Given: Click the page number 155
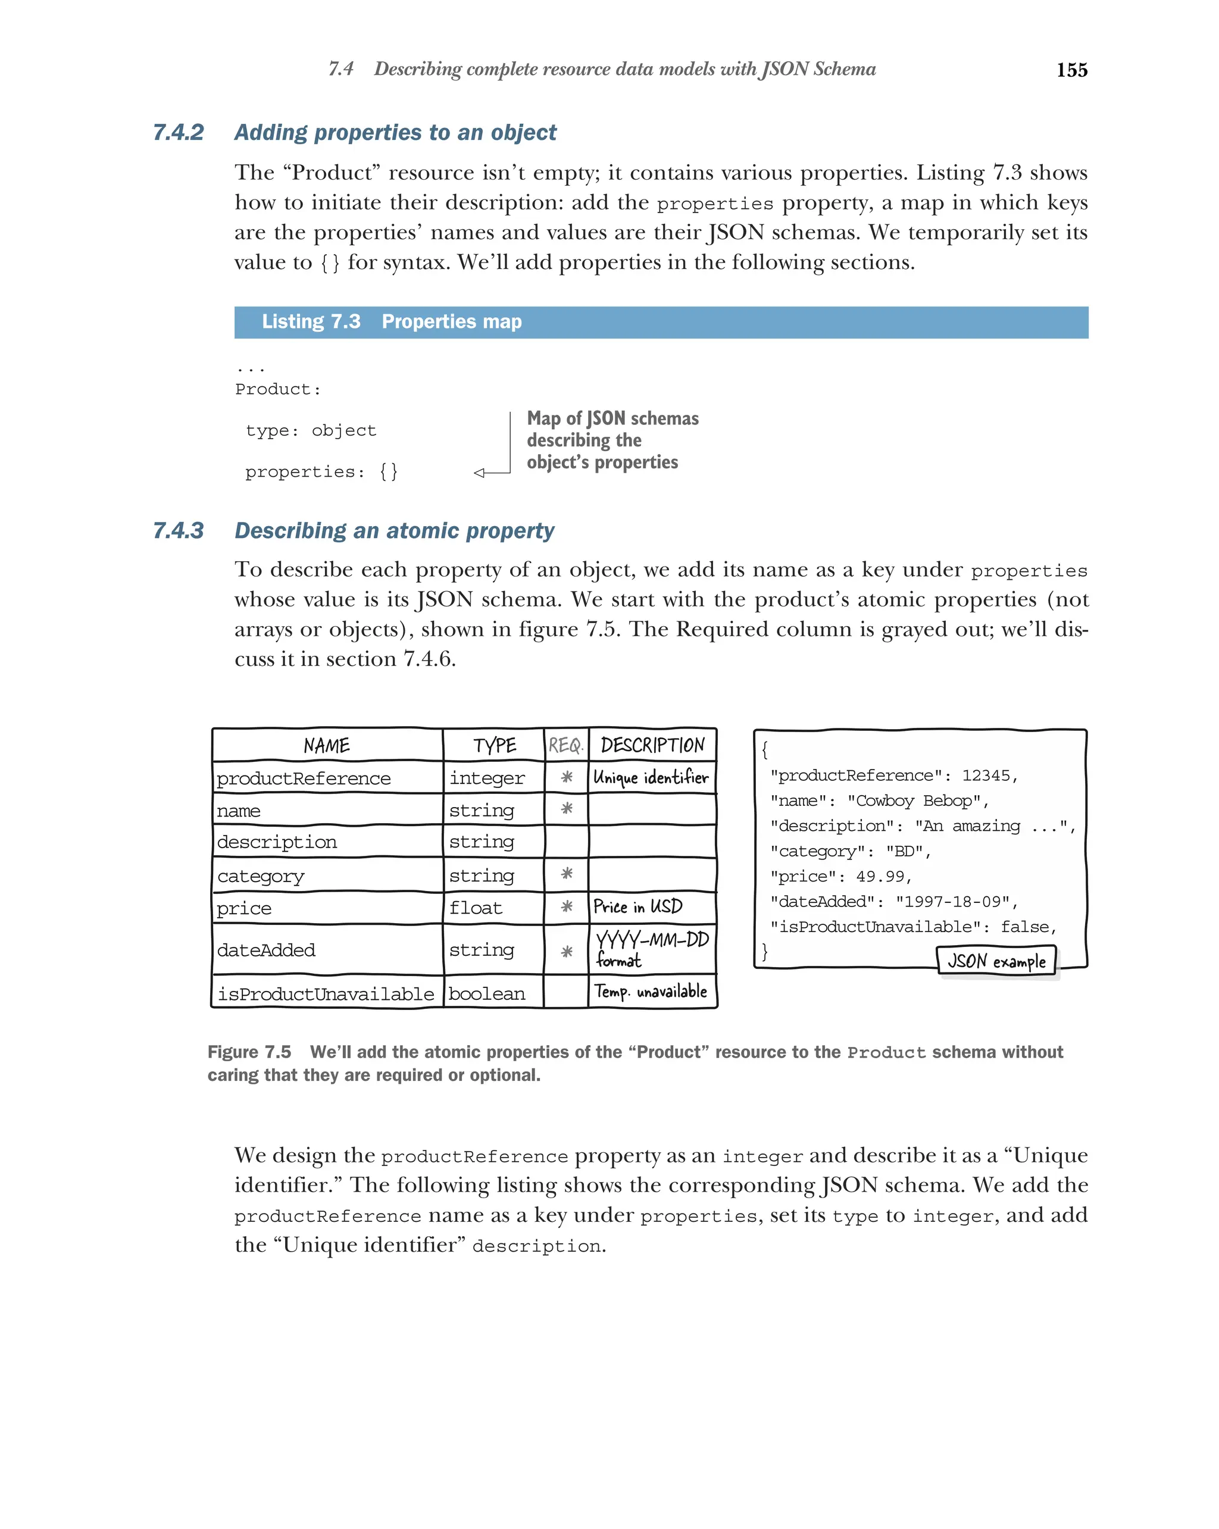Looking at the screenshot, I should pyautogui.click(x=1071, y=70).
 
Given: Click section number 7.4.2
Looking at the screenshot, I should pyautogui.click(x=178, y=133).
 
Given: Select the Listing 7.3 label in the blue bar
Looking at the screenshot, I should pyautogui.click(x=311, y=322).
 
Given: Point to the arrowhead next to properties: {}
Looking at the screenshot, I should pyautogui.click(x=479, y=473).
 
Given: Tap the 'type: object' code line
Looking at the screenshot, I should pyautogui.click(x=311, y=430).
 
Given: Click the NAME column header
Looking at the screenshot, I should pyautogui.click(x=326, y=745).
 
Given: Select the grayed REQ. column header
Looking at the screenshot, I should pyautogui.click(x=565, y=745).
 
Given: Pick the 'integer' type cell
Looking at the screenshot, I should pyautogui.click(x=486, y=778).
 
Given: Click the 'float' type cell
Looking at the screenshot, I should pyautogui.click(x=475, y=908).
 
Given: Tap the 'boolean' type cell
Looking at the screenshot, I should pyautogui.click(x=486, y=993).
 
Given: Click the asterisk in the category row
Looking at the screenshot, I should pyautogui.click(x=566, y=874).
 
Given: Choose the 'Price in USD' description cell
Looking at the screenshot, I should pyautogui.click(x=637, y=907).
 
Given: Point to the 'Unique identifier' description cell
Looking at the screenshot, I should pyautogui.click(x=651, y=778).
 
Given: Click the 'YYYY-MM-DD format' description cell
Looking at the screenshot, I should pyautogui.click(x=651, y=949).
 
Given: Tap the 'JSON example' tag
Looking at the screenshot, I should pyautogui.click(x=996, y=962).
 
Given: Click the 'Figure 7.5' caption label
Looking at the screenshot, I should pyautogui.click(x=249, y=1052).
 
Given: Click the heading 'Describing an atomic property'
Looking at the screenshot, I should pyautogui.click(x=393, y=530).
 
